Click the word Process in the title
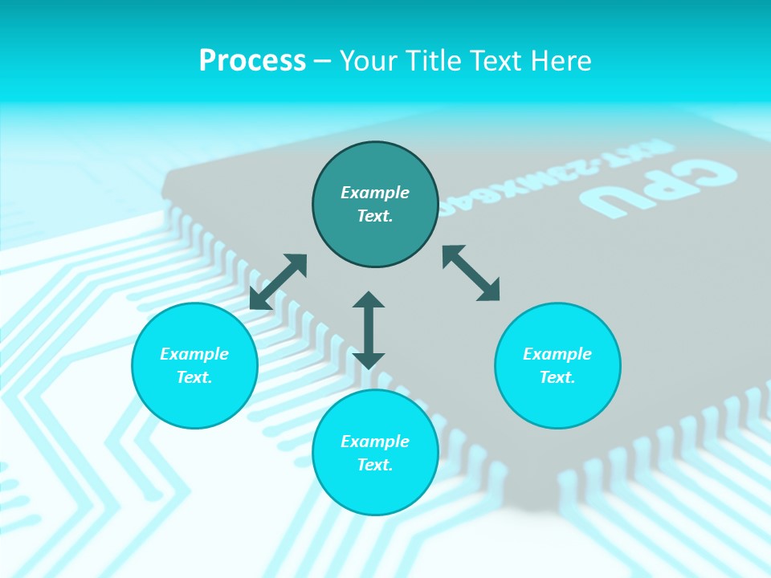(x=252, y=61)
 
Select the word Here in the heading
(x=561, y=61)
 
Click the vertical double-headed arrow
(x=369, y=330)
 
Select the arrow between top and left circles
(x=278, y=282)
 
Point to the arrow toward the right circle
(x=471, y=273)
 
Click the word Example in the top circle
(x=375, y=193)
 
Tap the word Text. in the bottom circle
(x=375, y=465)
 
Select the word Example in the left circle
(x=194, y=354)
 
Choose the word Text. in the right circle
(x=557, y=377)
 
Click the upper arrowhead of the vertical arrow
(x=369, y=300)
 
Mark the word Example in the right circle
(x=557, y=354)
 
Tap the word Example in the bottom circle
(x=375, y=442)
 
